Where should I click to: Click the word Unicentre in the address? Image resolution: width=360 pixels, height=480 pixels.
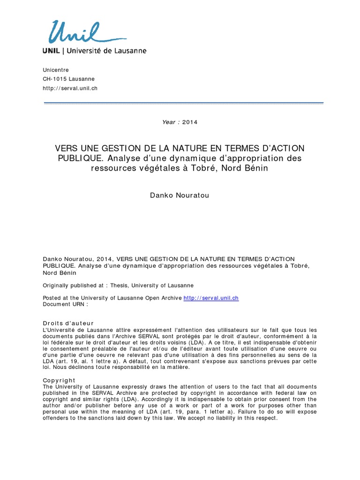[55, 70]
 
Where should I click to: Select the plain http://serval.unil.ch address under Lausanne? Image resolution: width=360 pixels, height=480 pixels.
[70, 88]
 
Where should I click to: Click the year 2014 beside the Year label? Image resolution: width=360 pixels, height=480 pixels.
[190, 122]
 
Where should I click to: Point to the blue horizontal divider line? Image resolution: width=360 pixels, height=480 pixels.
[183, 103]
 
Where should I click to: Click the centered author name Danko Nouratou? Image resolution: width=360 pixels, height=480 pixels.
[180, 195]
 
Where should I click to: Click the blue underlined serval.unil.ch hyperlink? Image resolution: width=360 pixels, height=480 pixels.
[211, 298]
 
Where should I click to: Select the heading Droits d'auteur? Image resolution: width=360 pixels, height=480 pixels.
[68, 323]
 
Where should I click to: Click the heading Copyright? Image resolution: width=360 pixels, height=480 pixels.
[59, 380]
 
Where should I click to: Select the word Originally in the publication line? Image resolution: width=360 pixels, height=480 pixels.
[58, 285]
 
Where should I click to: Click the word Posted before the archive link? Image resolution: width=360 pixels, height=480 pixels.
[52, 298]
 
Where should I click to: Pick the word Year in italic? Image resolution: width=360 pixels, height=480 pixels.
[168, 122]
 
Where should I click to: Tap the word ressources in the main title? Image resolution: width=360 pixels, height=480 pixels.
[112, 168]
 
